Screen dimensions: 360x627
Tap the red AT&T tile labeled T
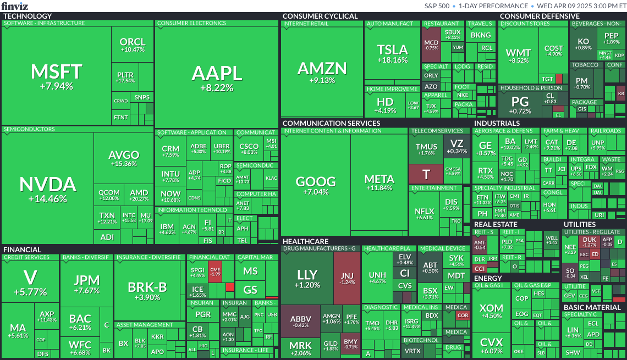pos(425,174)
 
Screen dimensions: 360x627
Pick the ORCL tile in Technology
pos(133,45)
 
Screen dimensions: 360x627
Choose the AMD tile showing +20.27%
pos(139,196)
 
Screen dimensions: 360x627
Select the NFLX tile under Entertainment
pos(424,214)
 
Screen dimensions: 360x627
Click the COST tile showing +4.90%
pos(553,51)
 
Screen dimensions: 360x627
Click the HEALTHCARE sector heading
pos(305,241)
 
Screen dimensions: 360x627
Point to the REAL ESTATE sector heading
pos(496,224)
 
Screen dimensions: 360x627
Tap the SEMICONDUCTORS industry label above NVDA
pos(29,130)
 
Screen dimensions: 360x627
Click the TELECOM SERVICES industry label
pos(437,131)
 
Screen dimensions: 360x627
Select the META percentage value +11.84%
pos(380,188)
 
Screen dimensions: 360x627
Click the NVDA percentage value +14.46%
pos(47,198)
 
